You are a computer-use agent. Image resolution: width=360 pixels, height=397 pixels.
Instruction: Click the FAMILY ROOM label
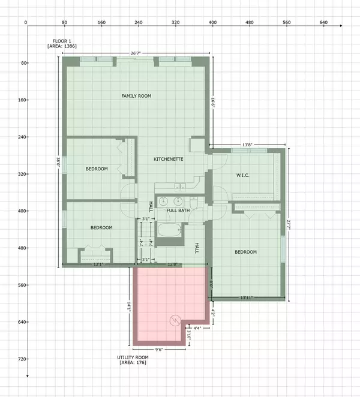click(136, 96)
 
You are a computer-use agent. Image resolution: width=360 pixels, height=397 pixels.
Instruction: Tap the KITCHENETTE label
click(168, 159)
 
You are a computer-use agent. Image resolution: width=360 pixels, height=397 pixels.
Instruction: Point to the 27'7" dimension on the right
click(289, 223)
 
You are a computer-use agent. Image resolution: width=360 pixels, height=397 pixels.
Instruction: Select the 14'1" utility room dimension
click(128, 306)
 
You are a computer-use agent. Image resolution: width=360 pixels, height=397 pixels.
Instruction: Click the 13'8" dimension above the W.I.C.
click(247, 145)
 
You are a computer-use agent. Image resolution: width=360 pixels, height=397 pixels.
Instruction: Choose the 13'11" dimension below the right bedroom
click(247, 298)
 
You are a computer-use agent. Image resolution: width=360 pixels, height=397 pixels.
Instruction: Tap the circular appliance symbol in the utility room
click(176, 320)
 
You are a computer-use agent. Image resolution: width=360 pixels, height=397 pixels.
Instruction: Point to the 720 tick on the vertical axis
click(20, 359)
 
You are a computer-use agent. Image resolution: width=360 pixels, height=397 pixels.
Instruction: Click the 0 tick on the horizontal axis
click(26, 22)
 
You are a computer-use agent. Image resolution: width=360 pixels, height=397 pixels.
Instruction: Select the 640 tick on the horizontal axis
click(323, 22)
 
